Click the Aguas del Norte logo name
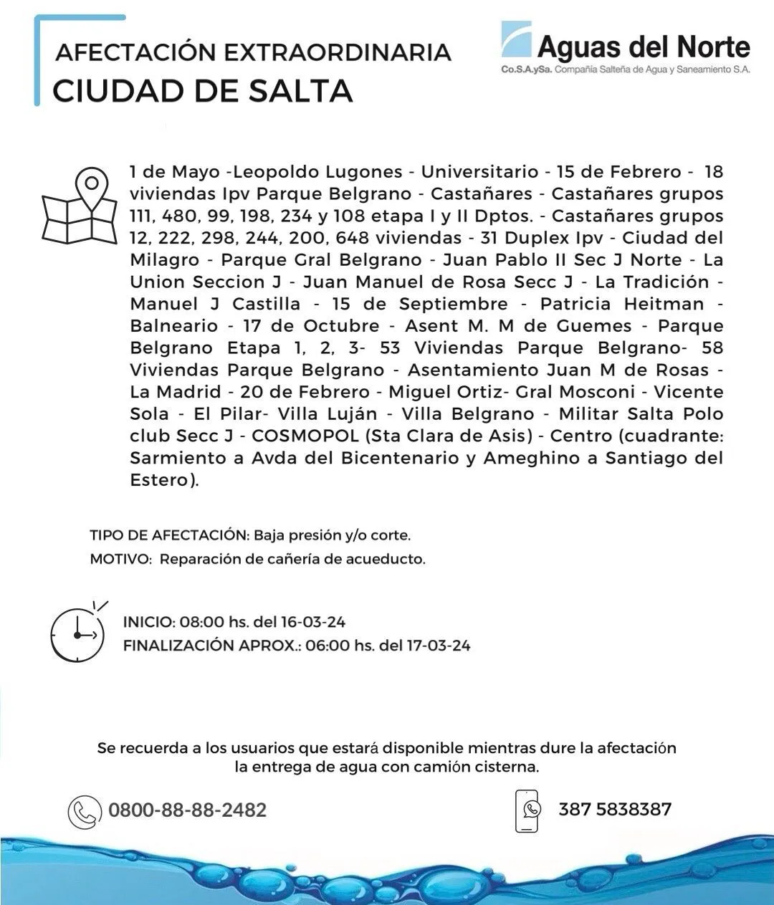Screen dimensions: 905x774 coord(643,47)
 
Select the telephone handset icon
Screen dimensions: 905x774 coord(85,812)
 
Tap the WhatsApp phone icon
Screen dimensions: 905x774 coord(527,810)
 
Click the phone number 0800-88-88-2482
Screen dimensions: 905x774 coord(188,810)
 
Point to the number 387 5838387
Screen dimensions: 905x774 coord(615,810)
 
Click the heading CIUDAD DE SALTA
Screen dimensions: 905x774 coord(203,91)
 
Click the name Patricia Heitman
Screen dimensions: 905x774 coord(622,304)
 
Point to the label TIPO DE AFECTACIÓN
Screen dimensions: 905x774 coord(168,535)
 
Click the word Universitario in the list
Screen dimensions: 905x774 coord(479,172)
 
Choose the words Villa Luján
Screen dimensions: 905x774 coord(328,414)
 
